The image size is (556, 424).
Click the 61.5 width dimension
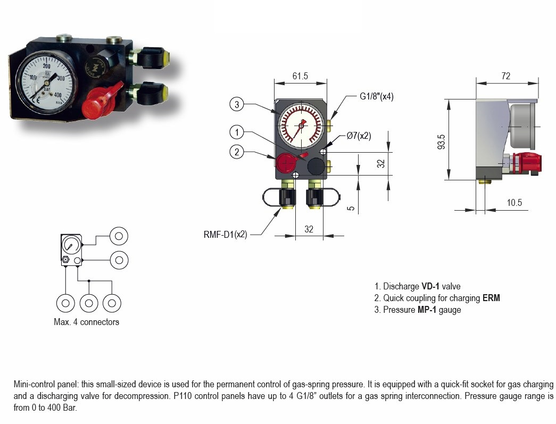(300, 76)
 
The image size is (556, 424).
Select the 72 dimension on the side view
(505, 76)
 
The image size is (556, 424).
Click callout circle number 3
(237, 104)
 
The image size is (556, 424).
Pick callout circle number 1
(237, 131)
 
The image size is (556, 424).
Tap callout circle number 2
(237, 152)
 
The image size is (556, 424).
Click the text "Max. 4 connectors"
(86, 322)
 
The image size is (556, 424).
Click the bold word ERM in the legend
(491, 298)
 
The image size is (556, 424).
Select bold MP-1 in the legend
(427, 310)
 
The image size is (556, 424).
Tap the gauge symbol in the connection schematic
(70, 245)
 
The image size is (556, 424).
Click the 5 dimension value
(351, 208)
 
